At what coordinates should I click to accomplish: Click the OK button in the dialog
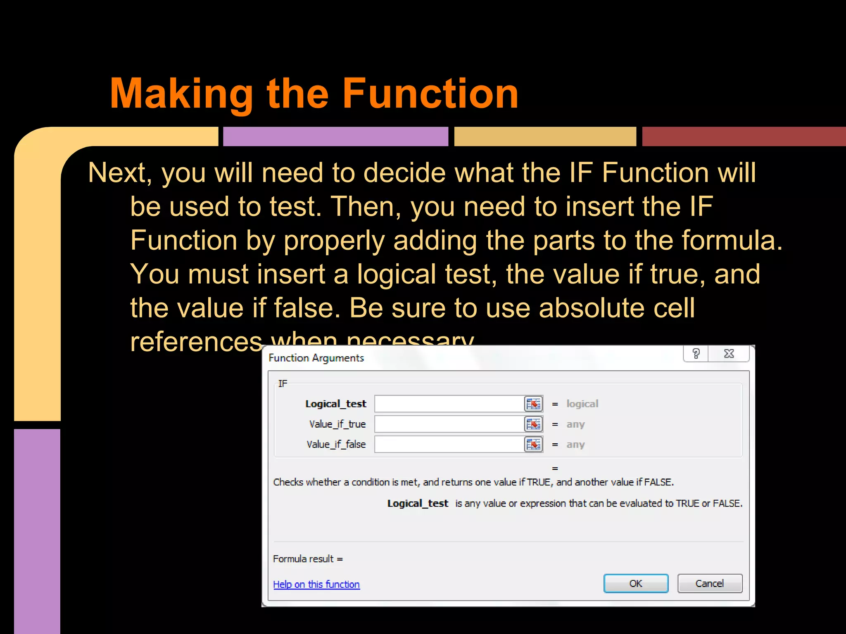(x=635, y=583)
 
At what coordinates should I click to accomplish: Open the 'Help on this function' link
(x=316, y=584)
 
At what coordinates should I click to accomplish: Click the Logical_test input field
(x=449, y=404)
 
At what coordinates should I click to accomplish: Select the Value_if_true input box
(x=449, y=424)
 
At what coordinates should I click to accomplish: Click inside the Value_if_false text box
(x=449, y=444)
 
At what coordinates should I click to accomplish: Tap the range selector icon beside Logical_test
(x=533, y=404)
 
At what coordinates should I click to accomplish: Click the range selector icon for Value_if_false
(x=533, y=444)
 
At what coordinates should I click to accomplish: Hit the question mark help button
(x=696, y=354)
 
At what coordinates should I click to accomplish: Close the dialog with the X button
(x=729, y=354)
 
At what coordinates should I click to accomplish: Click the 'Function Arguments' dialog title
(x=316, y=358)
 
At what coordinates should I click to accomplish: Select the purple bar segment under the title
(x=335, y=136)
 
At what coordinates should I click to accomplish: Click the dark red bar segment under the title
(x=744, y=136)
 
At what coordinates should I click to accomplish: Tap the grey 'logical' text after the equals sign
(x=582, y=404)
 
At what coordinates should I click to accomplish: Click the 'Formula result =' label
(x=308, y=559)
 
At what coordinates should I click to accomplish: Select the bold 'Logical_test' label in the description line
(x=417, y=504)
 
